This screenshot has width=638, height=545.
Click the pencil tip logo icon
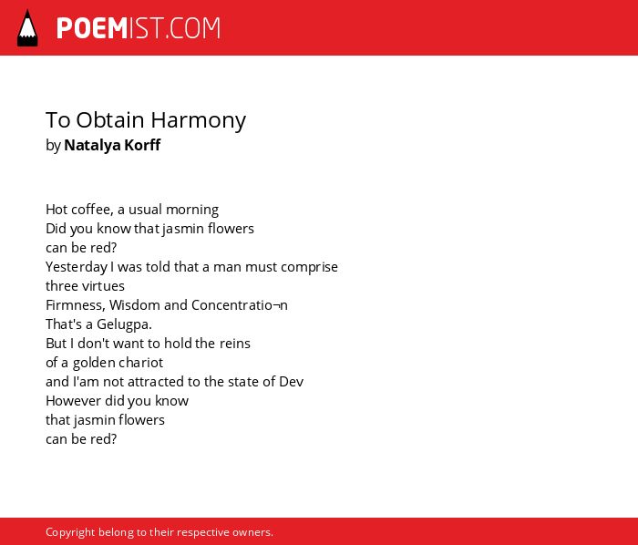coord(27,28)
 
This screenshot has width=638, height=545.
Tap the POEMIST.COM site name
coord(139,28)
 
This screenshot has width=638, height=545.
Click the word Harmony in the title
coord(199,121)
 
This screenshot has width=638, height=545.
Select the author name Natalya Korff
coord(112,145)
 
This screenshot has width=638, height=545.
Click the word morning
coord(192,211)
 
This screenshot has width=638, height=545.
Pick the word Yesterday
coord(77,268)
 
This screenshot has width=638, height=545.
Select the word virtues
coord(107,286)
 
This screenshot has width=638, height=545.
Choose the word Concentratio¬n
coord(239,305)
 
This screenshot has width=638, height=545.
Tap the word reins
coord(235,344)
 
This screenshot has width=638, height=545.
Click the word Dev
coord(291,382)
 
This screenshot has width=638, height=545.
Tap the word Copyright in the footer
coord(70,532)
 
